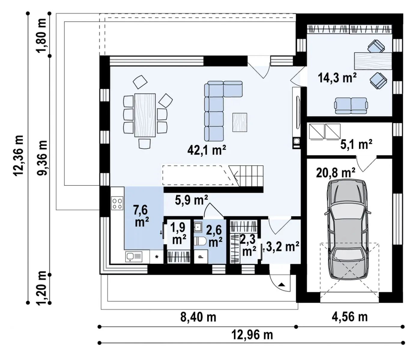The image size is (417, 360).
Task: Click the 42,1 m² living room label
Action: point(207,150)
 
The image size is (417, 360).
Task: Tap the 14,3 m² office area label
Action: point(337,78)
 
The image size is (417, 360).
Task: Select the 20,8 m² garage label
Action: point(336,173)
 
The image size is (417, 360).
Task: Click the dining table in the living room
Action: point(145,115)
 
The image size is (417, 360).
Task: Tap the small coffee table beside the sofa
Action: point(240,122)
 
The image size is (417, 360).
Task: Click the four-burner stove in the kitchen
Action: point(117,203)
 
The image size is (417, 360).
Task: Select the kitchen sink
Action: point(134,256)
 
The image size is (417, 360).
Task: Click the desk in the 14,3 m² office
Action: point(373,61)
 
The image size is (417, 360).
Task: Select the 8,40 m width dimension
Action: point(198,317)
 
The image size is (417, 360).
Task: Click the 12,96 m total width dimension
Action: point(252,335)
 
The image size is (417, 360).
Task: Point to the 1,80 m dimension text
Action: point(41,35)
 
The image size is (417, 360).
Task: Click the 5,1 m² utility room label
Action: point(356,144)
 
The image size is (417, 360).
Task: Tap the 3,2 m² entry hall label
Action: point(283,247)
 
